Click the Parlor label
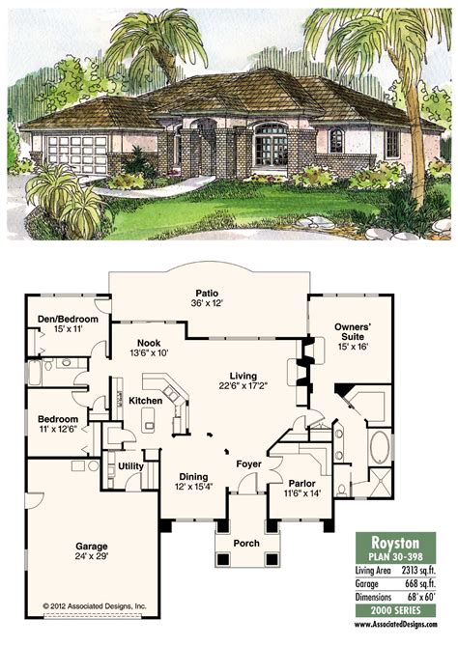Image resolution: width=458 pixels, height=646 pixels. (302, 484)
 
